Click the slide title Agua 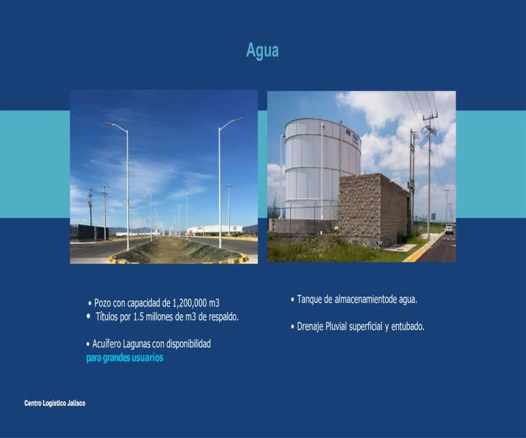pyautogui.click(x=262, y=50)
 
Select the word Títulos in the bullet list pyautogui.click(x=107, y=317)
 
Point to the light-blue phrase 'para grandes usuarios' pyautogui.click(x=124, y=358)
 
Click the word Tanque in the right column pyautogui.click(x=309, y=300)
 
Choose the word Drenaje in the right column pyautogui.click(x=310, y=327)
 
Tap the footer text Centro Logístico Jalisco pyautogui.click(x=55, y=403)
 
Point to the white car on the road pyautogui.click(x=449, y=229)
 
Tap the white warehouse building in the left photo pyautogui.click(x=215, y=230)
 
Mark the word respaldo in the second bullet pyautogui.click(x=223, y=317)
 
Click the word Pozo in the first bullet pyautogui.click(x=103, y=303)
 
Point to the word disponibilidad pyautogui.click(x=188, y=344)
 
